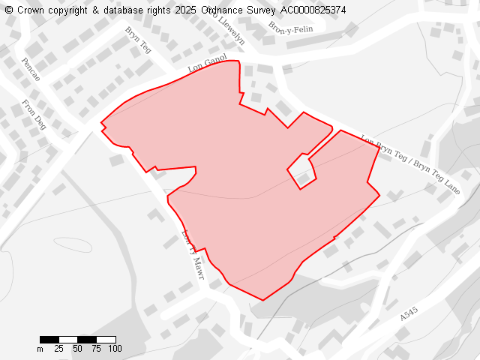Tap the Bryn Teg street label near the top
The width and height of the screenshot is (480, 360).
pos(139,41)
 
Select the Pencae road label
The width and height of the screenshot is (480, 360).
pos(31,70)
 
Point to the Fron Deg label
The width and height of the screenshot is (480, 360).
pos(34,115)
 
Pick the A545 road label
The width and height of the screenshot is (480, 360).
pos(409,314)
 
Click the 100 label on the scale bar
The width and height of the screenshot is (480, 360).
pos(115,349)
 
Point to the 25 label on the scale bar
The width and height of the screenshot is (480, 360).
pos(58,349)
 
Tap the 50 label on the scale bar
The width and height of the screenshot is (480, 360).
pos(77,349)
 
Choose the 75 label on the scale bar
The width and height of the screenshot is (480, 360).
pos(96,349)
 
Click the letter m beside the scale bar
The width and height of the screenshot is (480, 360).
pos(40,349)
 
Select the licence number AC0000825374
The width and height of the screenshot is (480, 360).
pos(313,10)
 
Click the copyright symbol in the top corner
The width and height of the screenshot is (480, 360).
pos(8,10)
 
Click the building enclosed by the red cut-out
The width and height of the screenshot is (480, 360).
pos(303,178)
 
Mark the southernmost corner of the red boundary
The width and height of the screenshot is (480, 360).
pos(262,300)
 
